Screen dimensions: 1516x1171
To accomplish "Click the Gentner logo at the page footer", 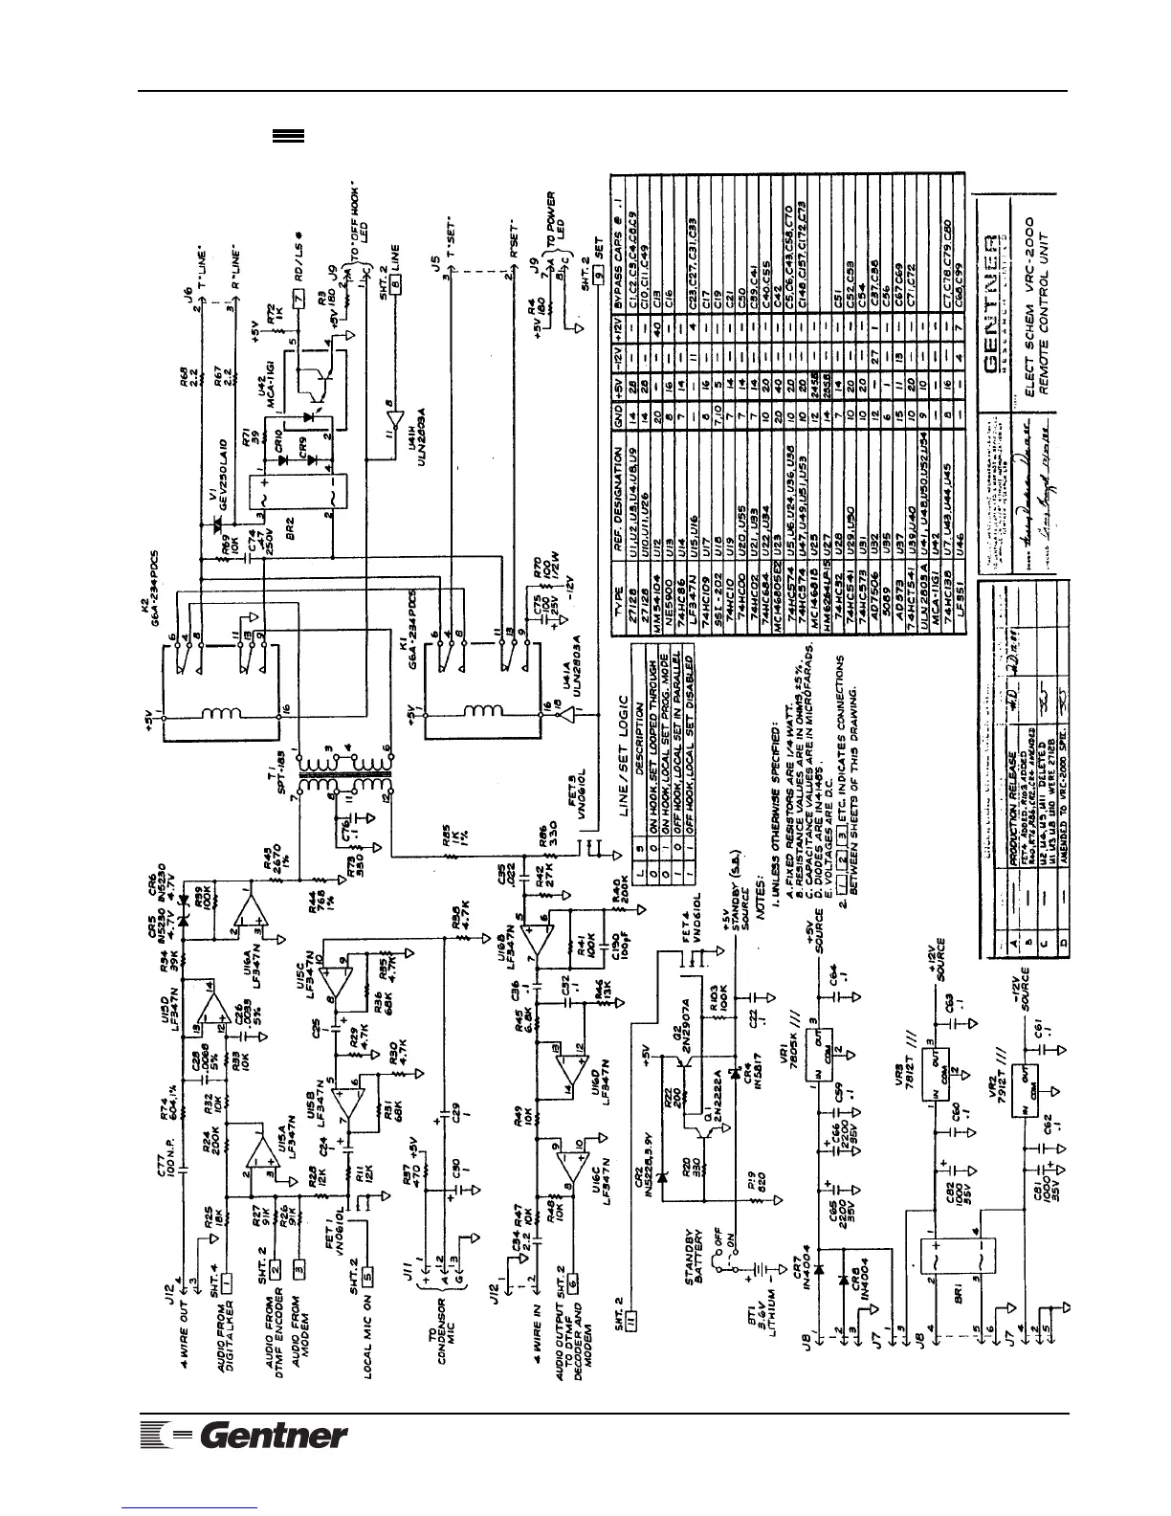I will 244,1436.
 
